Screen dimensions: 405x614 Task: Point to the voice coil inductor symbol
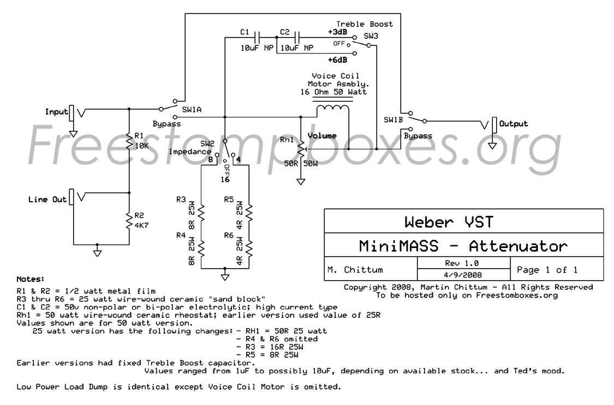coord(332,109)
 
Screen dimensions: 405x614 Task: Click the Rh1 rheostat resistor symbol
coord(300,147)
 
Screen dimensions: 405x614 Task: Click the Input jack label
coord(56,112)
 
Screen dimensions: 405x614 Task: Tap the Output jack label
coord(514,124)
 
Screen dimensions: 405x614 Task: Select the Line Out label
coord(47,200)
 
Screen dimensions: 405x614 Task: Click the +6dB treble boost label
coord(337,59)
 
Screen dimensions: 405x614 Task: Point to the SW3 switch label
coord(371,35)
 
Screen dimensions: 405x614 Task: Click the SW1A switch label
coord(192,110)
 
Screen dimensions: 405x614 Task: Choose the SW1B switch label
coord(393,119)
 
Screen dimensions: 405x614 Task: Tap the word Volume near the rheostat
coord(323,136)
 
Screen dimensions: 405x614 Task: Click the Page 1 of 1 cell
coord(546,269)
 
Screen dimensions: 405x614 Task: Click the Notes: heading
coord(31,279)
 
